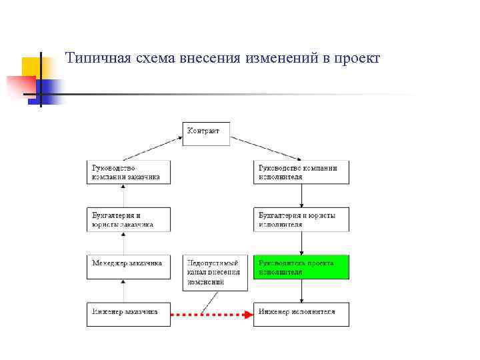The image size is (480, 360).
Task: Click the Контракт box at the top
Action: (x=206, y=133)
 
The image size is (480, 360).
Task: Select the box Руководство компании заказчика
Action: (x=128, y=172)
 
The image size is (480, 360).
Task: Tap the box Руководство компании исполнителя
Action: (x=301, y=172)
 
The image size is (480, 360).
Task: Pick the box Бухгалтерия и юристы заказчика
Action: (x=128, y=219)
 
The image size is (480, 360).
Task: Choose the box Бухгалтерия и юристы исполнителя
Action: (x=301, y=219)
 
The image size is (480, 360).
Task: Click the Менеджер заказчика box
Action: (x=128, y=267)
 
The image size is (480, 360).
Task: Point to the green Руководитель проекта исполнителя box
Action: (x=301, y=267)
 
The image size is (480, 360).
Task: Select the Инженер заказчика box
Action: (x=128, y=314)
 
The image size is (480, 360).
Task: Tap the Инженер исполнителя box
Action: (x=301, y=314)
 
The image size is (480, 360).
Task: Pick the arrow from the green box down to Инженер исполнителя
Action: (x=301, y=290)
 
